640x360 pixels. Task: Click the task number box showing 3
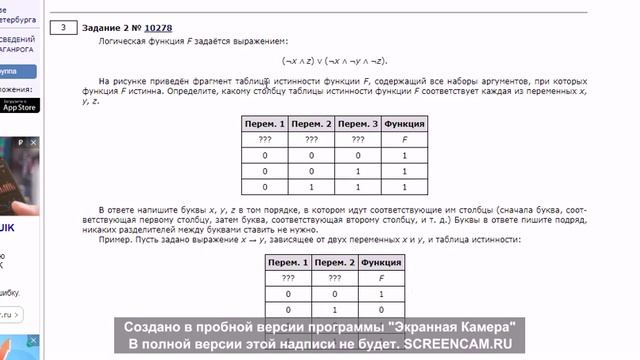click(x=63, y=28)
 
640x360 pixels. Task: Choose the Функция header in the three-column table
click(x=381, y=261)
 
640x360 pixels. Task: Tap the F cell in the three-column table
click(x=381, y=277)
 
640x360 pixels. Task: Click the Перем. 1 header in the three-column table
click(x=288, y=261)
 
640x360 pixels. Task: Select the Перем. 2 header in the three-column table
click(x=334, y=261)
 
